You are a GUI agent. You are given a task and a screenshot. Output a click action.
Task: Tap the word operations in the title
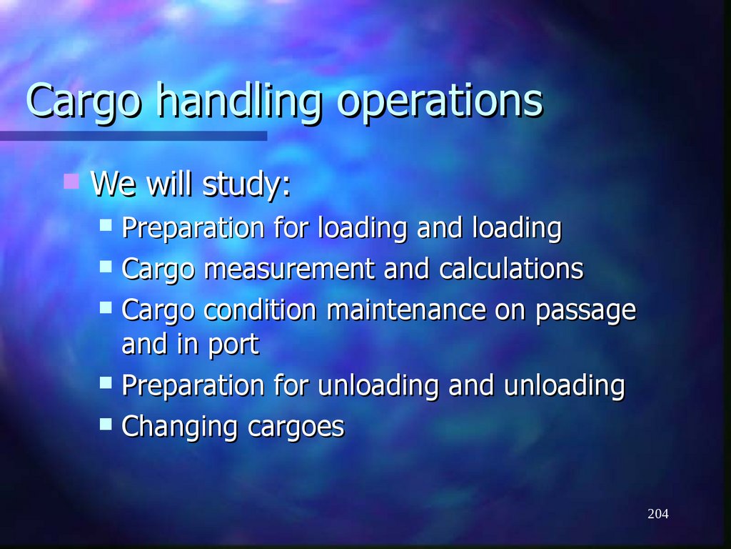click(440, 102)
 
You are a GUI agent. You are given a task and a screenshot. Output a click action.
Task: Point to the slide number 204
click(658, 514)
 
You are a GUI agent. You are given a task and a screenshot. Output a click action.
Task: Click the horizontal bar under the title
click(133, 135)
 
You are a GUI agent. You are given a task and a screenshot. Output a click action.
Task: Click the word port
click(234, 346)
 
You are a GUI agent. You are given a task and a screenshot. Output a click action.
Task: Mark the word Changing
click(181, 427)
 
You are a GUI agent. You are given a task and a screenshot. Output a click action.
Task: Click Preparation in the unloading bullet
click(193, 387)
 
